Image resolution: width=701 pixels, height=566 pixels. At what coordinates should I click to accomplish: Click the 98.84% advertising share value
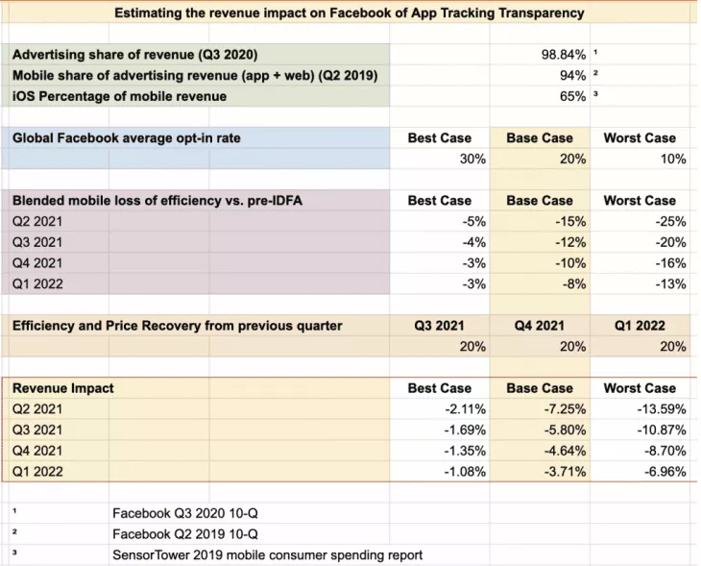(564, 55)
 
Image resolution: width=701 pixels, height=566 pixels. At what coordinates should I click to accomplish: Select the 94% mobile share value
(572, 76)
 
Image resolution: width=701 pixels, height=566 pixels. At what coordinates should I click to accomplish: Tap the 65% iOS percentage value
(572, 96)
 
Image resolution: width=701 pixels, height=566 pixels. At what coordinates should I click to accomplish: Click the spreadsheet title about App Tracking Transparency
(350, 12)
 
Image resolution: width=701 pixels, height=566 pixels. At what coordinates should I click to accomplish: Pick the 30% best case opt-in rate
(472, 159)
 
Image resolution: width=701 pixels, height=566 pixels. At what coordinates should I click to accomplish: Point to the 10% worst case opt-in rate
(673, 159)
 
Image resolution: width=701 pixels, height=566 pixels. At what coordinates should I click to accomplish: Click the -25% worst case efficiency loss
(670, 221)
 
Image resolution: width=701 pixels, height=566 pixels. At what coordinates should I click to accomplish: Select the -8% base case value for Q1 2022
(574, 284)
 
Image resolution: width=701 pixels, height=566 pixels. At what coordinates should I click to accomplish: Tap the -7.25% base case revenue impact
(565, 409)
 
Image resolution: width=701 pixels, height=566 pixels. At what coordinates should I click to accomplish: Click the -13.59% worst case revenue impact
(662, 409)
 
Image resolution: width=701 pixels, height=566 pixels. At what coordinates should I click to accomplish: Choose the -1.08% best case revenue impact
(465, 472)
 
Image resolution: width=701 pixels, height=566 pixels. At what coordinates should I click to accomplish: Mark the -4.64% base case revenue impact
(565, 451)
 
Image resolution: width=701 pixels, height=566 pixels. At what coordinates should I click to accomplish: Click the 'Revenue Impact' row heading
(63, 388)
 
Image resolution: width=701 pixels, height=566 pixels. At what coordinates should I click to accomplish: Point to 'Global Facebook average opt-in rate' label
(127, 138)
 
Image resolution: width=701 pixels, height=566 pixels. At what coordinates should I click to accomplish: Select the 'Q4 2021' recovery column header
(539, 326)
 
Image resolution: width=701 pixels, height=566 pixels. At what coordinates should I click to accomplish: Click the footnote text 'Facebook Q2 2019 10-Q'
(185, 534)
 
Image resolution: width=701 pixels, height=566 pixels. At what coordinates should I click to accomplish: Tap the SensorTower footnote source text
(267, 555)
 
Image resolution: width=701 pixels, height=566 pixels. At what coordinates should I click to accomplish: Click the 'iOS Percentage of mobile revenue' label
(119, 97)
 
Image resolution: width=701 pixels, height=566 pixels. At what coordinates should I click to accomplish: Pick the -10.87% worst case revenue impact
(662, 430)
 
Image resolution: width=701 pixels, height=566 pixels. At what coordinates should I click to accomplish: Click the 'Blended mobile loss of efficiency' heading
(157, 201)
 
